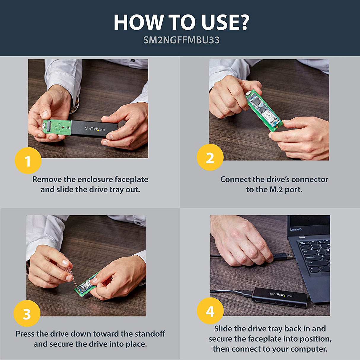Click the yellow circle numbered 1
pos(28,160)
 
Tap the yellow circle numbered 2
pos(210,157)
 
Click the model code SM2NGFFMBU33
pos(181,40)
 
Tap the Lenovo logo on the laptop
pos(296,230)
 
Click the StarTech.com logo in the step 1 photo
pos(95,129)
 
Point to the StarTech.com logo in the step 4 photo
pos(281,295)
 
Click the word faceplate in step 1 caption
pos(131,179)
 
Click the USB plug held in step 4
pos(283,257)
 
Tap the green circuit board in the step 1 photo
pos(57,127)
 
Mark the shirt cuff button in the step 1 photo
pos(133,60)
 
